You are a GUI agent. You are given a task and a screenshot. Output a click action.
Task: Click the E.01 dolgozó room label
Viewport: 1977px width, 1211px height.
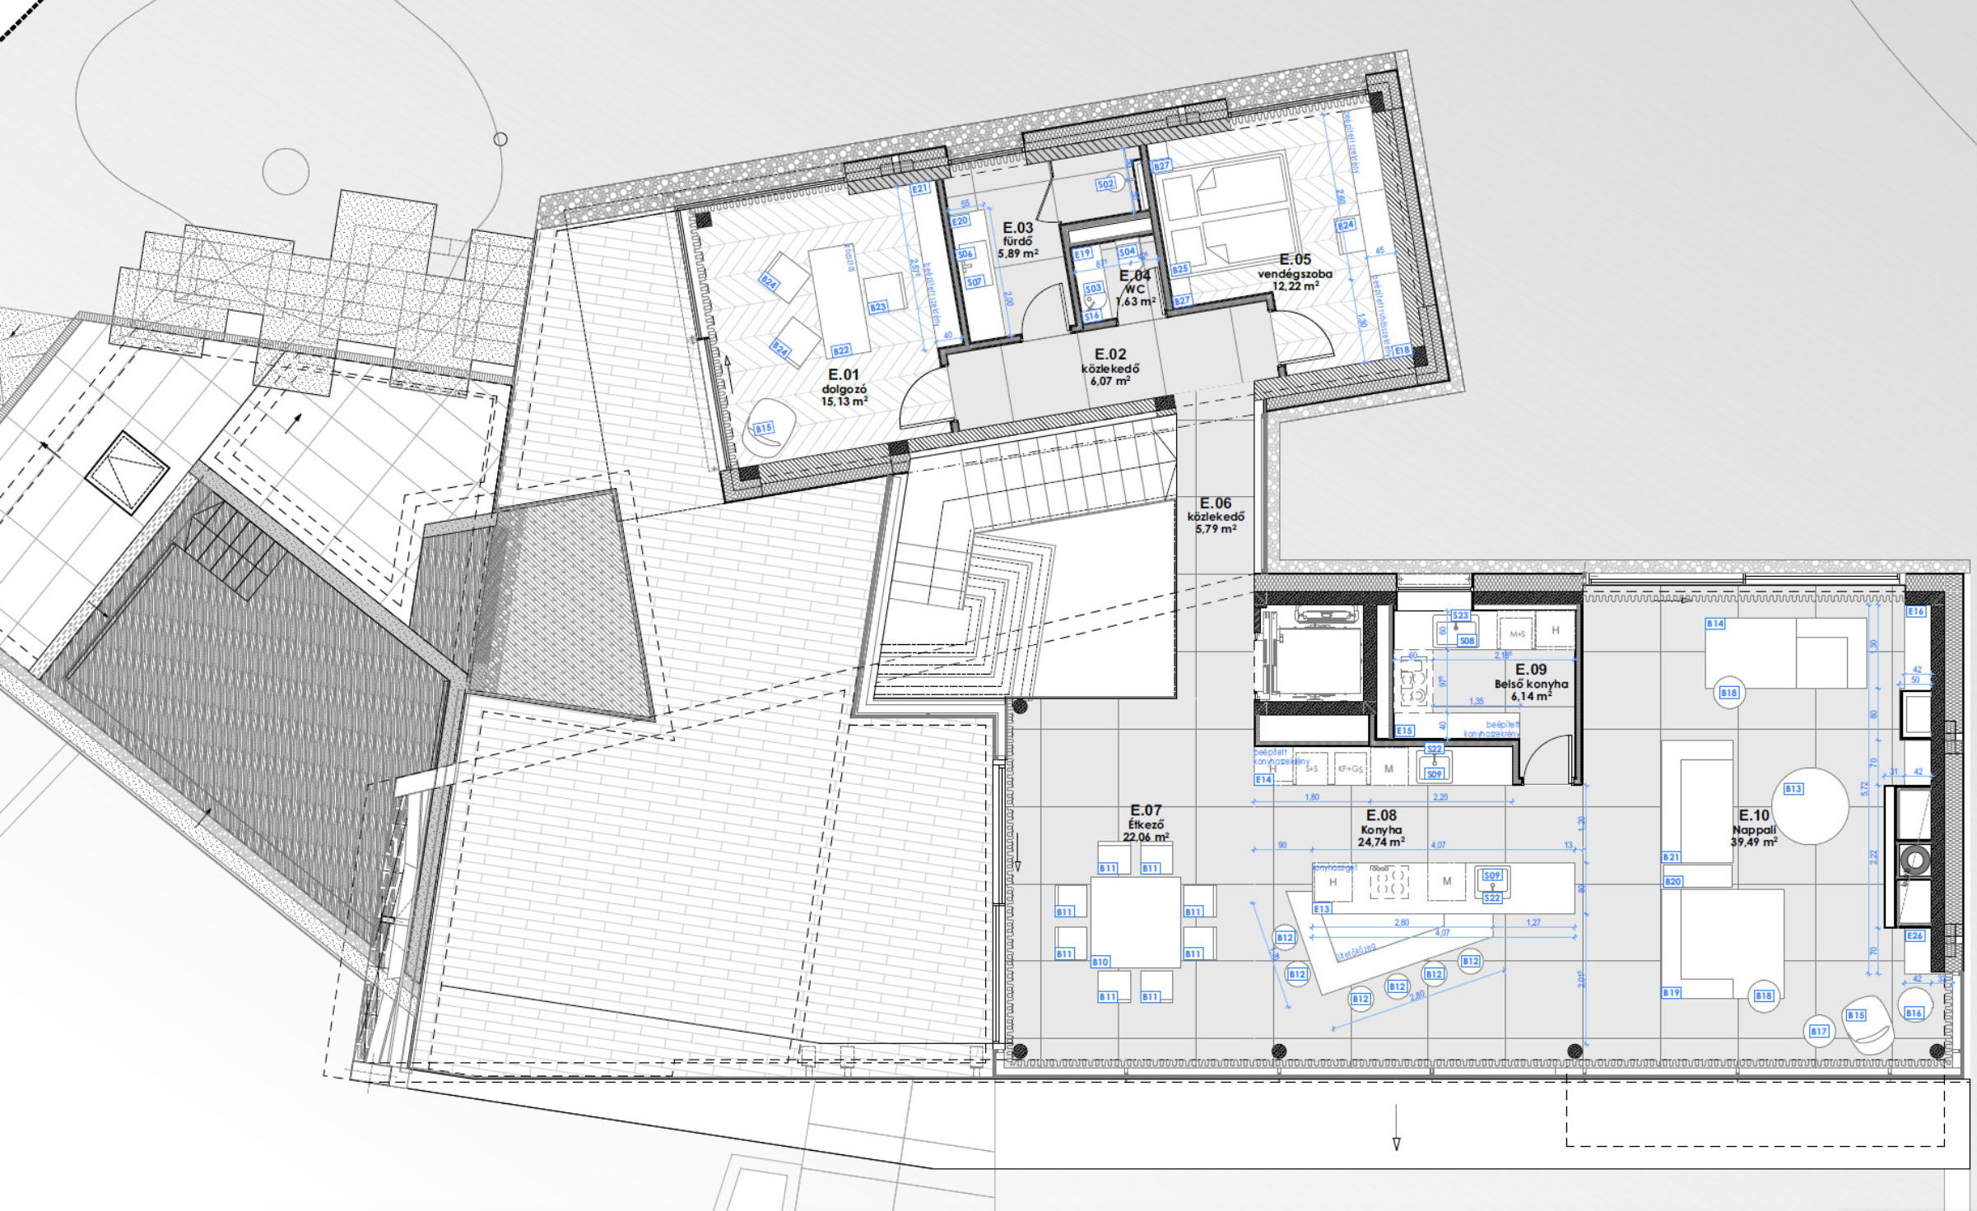(x=844, y=375)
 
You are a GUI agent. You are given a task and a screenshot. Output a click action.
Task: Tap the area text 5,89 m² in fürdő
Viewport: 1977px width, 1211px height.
(x=1017, y=254)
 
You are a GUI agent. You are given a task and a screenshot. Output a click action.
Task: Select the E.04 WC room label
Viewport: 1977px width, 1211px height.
(x=1134, y=276)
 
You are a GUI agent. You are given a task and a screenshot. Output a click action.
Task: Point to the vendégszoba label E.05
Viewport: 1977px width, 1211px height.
(x=1295, y=260)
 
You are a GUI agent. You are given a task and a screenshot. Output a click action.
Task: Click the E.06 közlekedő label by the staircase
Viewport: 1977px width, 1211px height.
(x=1215, y=503)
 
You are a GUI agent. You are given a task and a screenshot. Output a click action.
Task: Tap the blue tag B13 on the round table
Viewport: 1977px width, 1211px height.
(x=1793, y=789)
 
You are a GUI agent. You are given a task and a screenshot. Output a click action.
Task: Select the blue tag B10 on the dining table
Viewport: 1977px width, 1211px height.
(x=1100, y=962)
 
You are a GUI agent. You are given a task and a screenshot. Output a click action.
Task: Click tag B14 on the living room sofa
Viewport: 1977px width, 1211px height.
(x=1715, y=624)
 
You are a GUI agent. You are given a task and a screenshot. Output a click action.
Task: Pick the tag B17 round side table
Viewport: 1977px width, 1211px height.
(x=1818, y=1031)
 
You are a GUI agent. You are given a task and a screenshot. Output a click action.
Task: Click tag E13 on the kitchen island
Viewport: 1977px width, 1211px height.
(x=1322, y=909)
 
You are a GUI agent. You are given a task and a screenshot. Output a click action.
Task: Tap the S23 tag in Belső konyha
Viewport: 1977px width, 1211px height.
(x=1460, y=615)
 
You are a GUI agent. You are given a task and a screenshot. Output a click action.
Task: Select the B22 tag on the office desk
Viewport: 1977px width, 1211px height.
(x=840, y=350)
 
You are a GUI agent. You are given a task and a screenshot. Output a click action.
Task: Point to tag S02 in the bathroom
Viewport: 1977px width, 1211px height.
(x=1105, y=184)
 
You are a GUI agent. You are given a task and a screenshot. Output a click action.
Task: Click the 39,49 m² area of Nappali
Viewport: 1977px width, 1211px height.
(x=1754, y=842)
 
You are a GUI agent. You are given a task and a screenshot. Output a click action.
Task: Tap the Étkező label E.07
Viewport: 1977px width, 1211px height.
(x=1146, y=811)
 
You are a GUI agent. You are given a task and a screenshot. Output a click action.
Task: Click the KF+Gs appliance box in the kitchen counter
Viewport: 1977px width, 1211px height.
(x=1350, y=769)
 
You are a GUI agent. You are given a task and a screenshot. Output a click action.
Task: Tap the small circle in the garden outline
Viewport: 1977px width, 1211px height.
(x=500, y=139)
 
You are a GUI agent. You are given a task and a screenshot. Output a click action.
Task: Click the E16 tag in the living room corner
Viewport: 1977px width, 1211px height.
(x=1915, y=611)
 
